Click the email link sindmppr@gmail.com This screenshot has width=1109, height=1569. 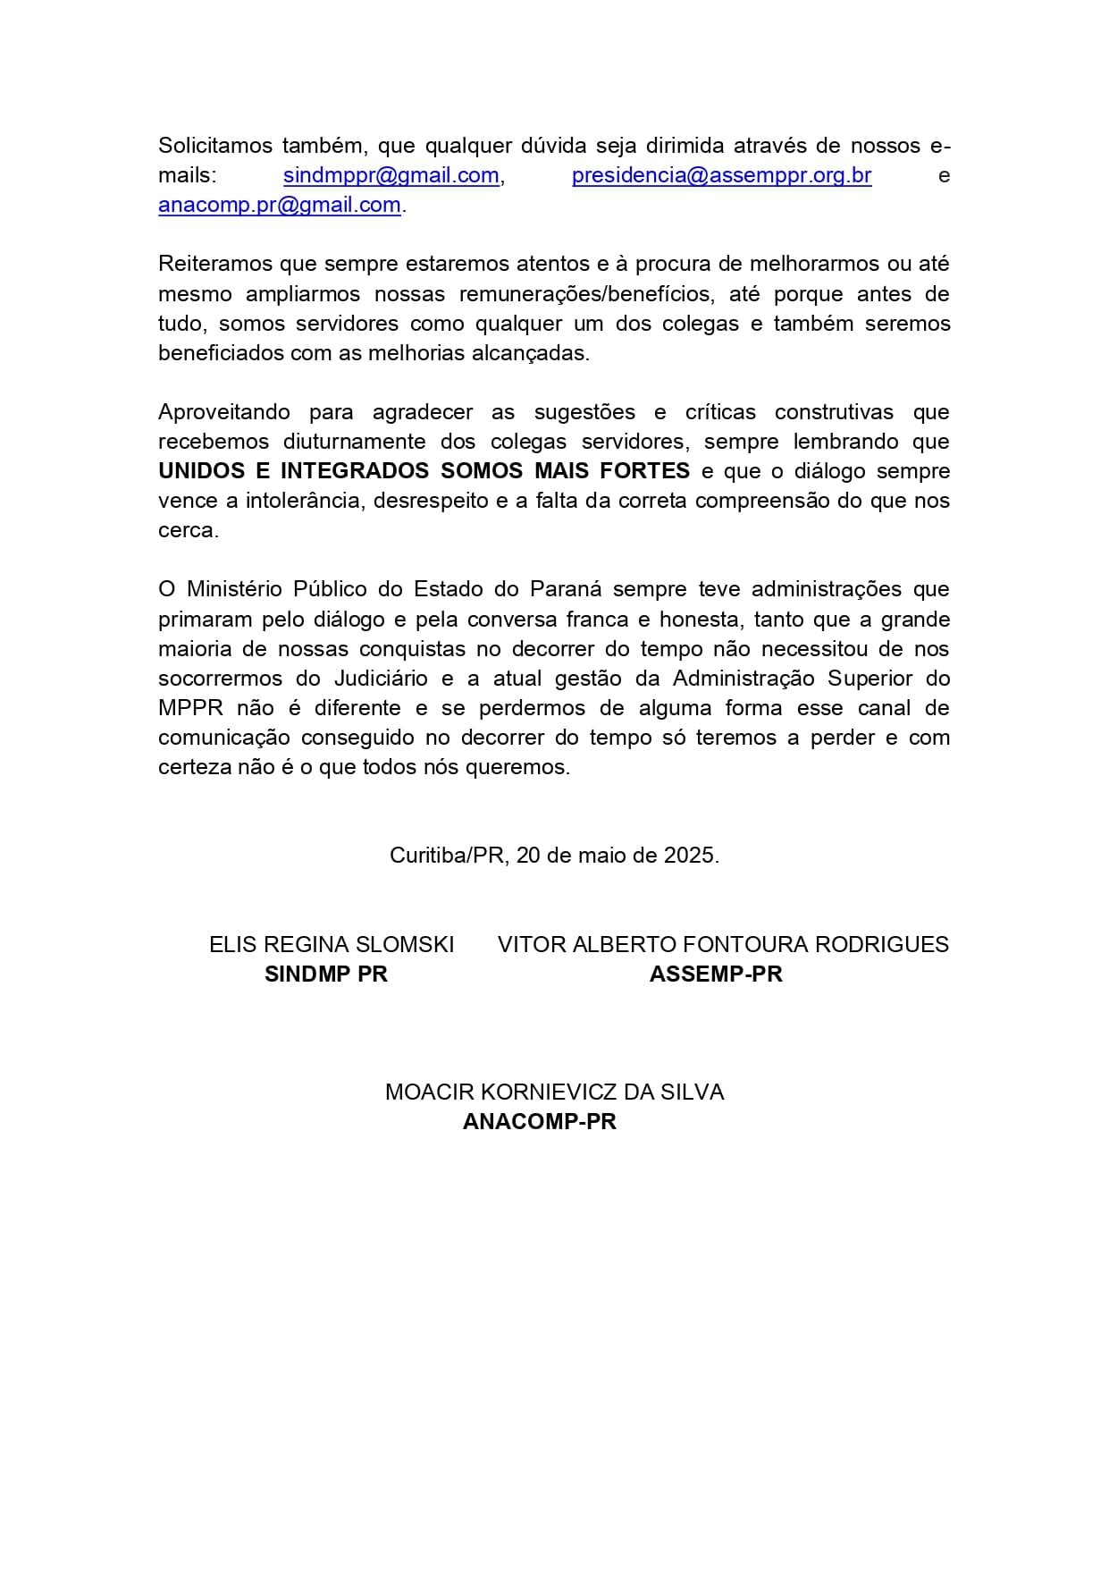pyautogui.click(x=391, y=175)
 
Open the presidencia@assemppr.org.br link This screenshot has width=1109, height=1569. pyautogui.click(x=721, y=175)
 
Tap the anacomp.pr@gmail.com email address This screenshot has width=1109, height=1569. pyautogui.click(x=280, y=205)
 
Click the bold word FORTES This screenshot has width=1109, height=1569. pyautogui.click(x=650, y=471)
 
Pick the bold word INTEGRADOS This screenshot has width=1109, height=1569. pyautogui.click(x=354, y=471)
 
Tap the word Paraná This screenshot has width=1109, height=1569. pyautogui.click(x=567, y=589)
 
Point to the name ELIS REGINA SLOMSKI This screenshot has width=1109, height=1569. pyautogui.click(x=332, y=944)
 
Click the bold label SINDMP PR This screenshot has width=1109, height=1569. pyautogui.click(x=326, y=974)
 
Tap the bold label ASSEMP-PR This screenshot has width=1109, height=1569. pyautogui.click(x=716, y=974)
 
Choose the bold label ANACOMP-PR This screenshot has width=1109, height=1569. pyautogui.click(x=540, y=1121)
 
